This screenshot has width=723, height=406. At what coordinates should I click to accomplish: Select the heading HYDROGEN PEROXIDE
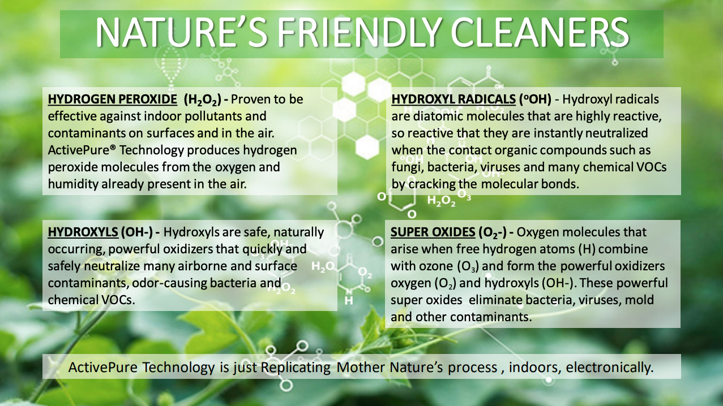click(x=112, y=100)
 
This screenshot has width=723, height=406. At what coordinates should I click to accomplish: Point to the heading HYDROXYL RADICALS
click(x=454, y=100)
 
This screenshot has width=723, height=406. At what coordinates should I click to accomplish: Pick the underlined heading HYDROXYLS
click(x=83, y=232)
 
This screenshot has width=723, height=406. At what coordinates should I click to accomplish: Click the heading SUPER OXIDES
click(x=433, y=232)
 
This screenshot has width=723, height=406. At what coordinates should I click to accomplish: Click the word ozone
click(x=438, y=266)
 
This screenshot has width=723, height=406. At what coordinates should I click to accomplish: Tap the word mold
click(x=639, y=300)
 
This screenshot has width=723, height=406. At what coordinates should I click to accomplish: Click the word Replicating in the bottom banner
click(x=296, y=368)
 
